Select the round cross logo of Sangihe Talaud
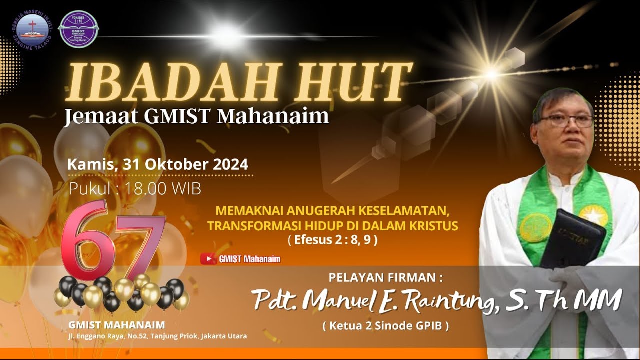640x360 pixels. pos(32,29)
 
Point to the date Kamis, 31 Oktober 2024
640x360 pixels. pos(158,164)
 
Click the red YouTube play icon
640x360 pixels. pos(208,259)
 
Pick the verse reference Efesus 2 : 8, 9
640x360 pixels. pos(332,240)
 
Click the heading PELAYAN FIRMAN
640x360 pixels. pos(385,277)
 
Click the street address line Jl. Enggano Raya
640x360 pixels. pos(158,336)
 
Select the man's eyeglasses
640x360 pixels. pos(566,121)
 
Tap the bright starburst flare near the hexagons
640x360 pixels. pos(492,75)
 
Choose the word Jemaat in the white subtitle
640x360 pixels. pos(97,116)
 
